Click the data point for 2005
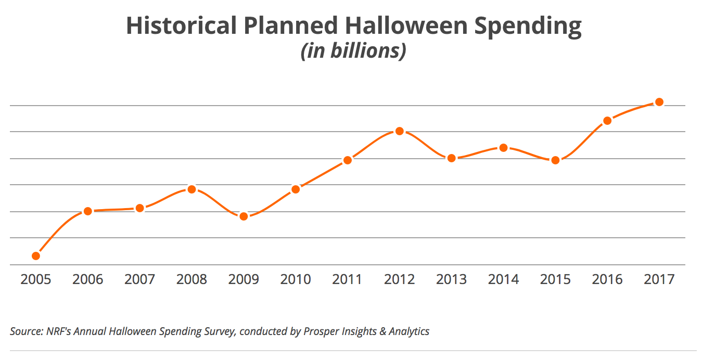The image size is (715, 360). tap(36, 255)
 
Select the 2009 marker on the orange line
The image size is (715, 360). tap(244, 216)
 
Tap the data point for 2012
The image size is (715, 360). tap(399, 131)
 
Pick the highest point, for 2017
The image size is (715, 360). tap(659, 102)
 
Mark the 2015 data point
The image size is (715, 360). tap(555, 160)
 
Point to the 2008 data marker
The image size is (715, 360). tap(191, 189)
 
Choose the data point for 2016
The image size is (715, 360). tap(607, 121)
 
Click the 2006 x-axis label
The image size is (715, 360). tap(87, 279)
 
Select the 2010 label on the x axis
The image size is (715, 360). tap(296, 279)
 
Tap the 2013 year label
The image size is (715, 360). tap(451, 279)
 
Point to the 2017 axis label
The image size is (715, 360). tap(659, 279)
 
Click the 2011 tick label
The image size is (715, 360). tap(347, 279)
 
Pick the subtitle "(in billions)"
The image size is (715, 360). tap(353, 52)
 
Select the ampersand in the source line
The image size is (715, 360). tap(384, 331)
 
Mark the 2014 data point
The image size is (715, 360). tap(503, 148)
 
